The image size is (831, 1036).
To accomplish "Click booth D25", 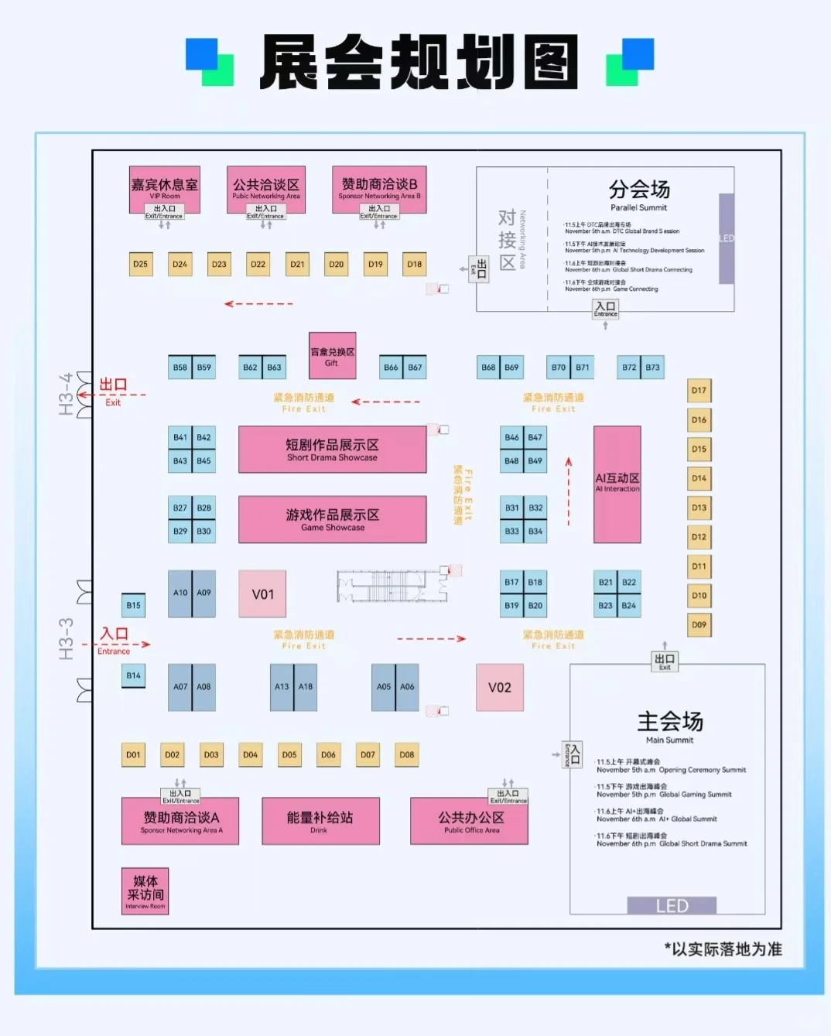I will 140,265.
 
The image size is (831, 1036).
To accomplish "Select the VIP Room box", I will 164,188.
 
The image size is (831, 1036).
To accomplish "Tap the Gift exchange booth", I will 332,355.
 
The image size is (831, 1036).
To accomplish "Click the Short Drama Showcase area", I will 332,450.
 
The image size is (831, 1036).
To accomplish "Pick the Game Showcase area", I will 332,519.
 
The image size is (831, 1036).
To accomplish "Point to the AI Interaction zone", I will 617,484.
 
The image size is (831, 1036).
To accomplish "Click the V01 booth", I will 262,594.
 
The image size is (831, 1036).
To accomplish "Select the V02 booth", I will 499,687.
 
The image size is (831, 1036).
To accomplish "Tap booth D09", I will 699,625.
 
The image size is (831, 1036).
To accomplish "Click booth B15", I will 133,605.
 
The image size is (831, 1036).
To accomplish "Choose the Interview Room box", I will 145,891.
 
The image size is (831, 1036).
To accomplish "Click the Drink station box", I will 320,821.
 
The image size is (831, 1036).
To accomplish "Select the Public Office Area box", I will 470,821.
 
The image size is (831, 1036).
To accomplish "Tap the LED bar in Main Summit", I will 671,906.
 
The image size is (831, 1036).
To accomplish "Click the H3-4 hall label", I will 67,393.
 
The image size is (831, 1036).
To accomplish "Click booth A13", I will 282,687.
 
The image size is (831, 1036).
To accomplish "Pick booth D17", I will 699,391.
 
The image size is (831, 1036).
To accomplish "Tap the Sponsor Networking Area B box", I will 379,188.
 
